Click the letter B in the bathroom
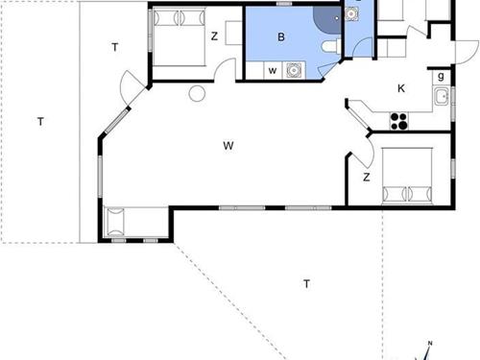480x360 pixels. point(281,37)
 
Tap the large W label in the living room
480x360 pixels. point(228,146)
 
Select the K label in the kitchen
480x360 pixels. point(401,88)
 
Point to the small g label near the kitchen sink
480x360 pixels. point(441,76)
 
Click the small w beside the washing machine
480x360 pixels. point(273,70)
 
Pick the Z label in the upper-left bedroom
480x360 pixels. point(214,36)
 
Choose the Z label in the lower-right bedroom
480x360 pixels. point(366,178)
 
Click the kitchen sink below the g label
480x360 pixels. point(442,94)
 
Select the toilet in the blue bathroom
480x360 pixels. point(329,51)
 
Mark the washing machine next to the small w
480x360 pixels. point(293,69)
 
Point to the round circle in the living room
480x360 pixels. point(197,94)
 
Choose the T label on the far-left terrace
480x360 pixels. point(40,122)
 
